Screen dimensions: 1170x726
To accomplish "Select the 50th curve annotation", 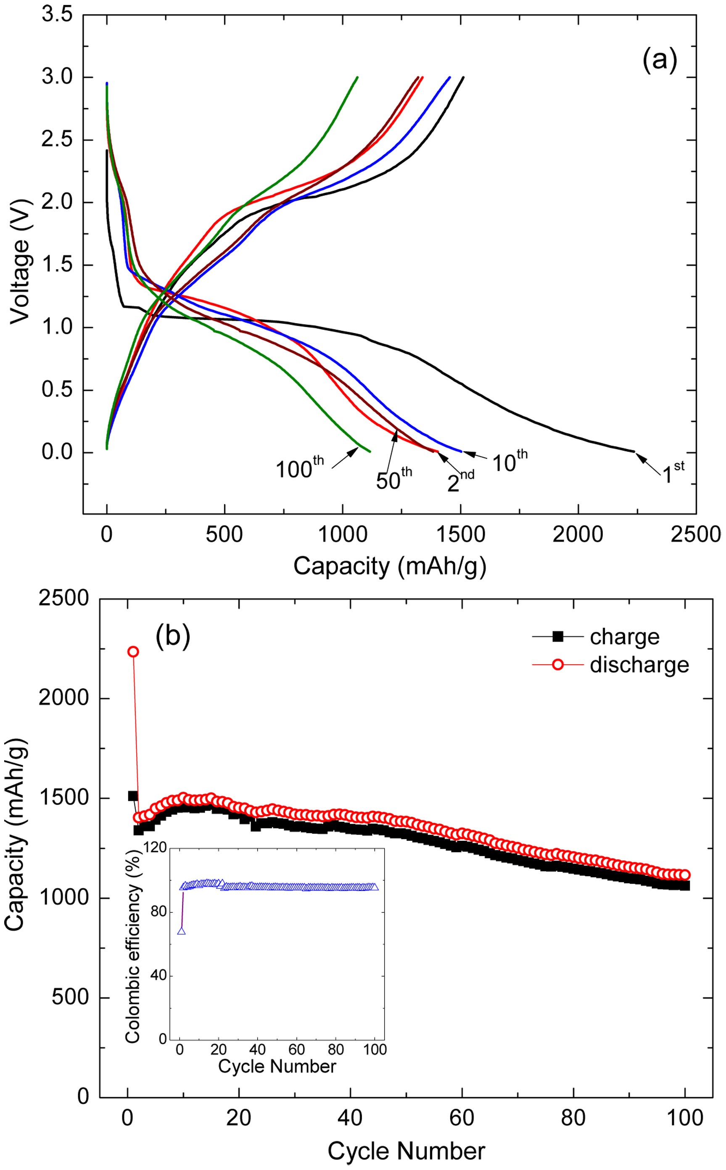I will (x=394, y=479).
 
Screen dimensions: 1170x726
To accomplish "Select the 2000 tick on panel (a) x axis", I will (x=578, y=534).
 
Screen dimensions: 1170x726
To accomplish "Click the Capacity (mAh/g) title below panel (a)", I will (x=389, y=566).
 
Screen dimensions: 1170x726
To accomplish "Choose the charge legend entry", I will (x=624, y=637).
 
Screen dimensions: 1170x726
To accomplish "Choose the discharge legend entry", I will (x=639, y=665).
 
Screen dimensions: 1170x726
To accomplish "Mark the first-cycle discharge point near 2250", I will (x=133, y=652).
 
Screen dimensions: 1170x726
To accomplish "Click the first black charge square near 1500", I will (x=133, y=796).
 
